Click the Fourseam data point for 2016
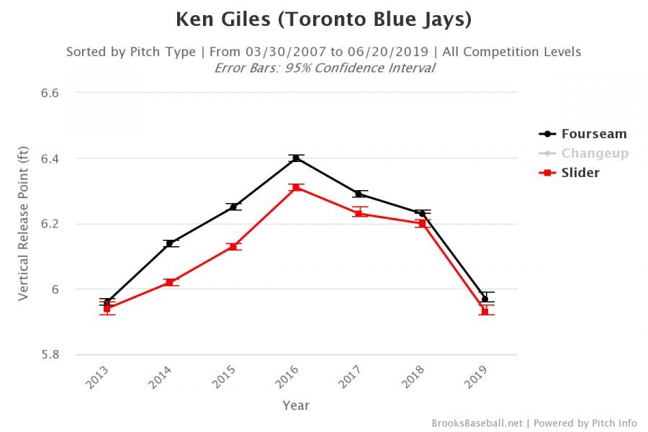[296, 158]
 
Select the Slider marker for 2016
[296, 187]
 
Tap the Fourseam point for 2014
[169, 243]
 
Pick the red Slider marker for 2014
[169, 282]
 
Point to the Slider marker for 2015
[233, 246]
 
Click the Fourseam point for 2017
[359, 194]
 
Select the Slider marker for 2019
[485, 312]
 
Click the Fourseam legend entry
[594, 134]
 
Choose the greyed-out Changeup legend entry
[595, 153]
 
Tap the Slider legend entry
[580, 173]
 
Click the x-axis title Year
[296, 405]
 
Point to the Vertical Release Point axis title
[23, 223]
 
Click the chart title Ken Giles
[323, 19]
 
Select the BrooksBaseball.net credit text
[477, 423]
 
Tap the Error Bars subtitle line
[324, 68]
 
